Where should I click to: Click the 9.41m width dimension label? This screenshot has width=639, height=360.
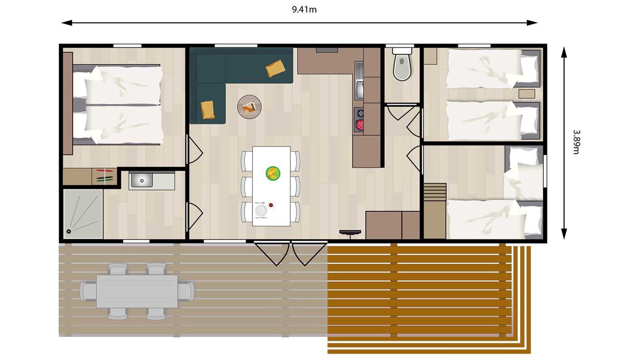pos(304,10)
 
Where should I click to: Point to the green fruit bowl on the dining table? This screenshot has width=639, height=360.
pos(273,173)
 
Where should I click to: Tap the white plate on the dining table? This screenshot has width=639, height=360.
pos(262,210)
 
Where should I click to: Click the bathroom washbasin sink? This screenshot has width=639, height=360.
pos(142,180)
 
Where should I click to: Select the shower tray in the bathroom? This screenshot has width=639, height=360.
pos(83,214)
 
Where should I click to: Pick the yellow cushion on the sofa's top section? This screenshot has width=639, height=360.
pos(275,68)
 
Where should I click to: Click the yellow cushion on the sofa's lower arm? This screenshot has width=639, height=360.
pos(208,109)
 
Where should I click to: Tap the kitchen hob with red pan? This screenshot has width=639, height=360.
pos(359,120)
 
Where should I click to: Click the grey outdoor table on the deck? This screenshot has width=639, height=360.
pos(137,291)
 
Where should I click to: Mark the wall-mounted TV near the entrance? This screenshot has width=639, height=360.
pos(350,232)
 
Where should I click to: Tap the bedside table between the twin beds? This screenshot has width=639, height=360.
pos(529,94)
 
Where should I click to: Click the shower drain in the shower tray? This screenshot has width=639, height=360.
pos(69,232)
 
